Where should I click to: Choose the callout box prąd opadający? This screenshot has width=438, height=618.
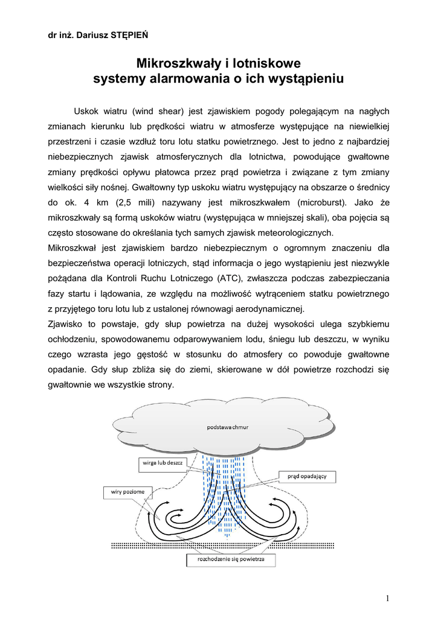click(307, 476)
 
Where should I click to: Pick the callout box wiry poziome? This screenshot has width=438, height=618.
click(127, 492)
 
